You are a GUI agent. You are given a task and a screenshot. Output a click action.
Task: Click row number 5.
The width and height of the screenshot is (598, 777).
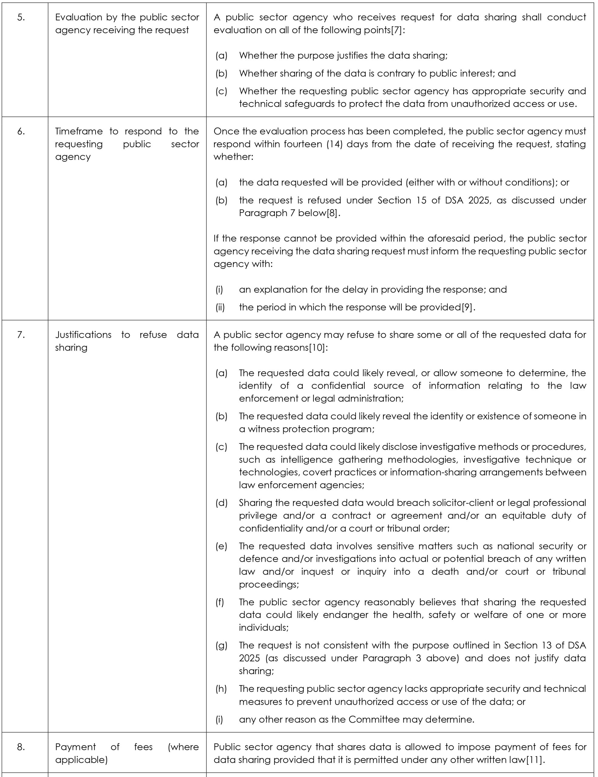21,17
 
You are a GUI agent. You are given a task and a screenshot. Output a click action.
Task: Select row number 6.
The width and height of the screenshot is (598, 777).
21,131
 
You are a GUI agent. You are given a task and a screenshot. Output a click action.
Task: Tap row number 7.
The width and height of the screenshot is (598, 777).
21,334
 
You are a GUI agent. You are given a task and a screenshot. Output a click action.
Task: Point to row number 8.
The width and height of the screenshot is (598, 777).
21,746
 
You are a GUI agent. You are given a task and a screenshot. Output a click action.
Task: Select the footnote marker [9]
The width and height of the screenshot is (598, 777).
467,307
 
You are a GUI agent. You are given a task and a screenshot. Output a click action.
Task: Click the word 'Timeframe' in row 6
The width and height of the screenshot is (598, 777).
79,131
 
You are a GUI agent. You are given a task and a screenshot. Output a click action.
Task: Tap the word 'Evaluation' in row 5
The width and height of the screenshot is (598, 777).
78,17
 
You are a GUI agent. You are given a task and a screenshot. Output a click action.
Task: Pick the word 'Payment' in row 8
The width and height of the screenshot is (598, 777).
75,746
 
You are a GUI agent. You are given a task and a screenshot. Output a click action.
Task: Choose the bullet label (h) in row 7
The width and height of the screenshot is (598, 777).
221,688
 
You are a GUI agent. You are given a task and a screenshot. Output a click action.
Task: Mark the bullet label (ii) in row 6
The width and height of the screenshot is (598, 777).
220,307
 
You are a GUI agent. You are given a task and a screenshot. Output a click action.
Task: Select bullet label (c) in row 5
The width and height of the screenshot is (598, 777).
221,91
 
